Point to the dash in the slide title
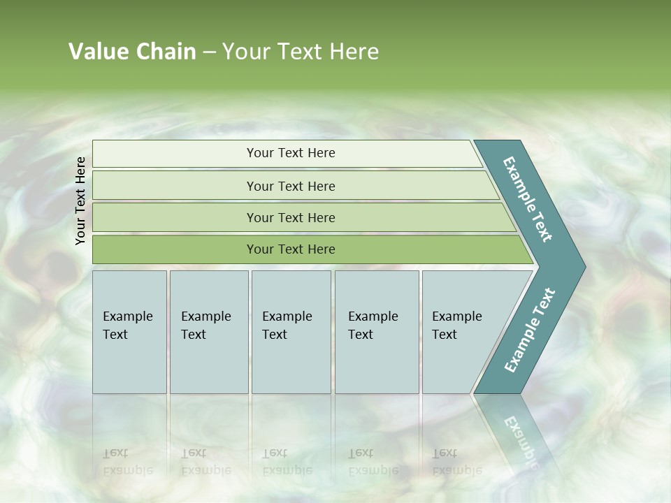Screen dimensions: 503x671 pos(209,52)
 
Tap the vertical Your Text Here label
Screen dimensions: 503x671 pos(80,201)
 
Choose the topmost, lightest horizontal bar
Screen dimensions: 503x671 pos(290,153)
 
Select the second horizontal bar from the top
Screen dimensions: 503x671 pos(290,186)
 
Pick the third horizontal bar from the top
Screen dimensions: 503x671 pos(290,217)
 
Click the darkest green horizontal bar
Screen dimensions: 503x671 pos(290,249)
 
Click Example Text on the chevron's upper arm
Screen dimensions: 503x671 pos(528,199)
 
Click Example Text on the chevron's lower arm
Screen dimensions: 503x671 pos(530,330)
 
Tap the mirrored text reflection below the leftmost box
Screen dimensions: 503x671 pos(128,461)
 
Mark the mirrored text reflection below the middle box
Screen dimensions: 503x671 pos(287,461)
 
